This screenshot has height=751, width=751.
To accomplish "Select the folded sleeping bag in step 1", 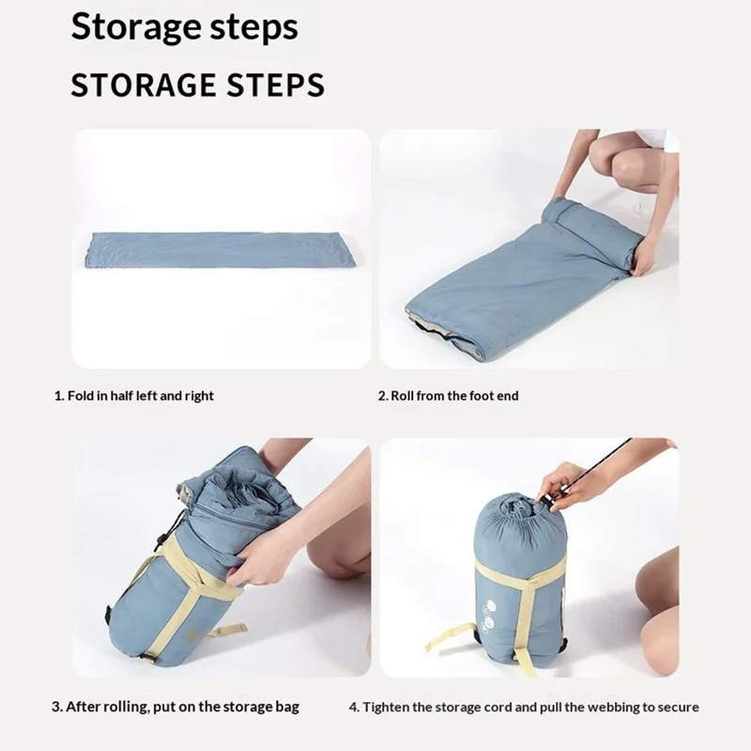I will point(220,251).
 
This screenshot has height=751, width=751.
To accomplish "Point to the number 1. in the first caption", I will point(58,396).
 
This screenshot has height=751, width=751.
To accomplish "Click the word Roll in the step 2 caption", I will point(406,396).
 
